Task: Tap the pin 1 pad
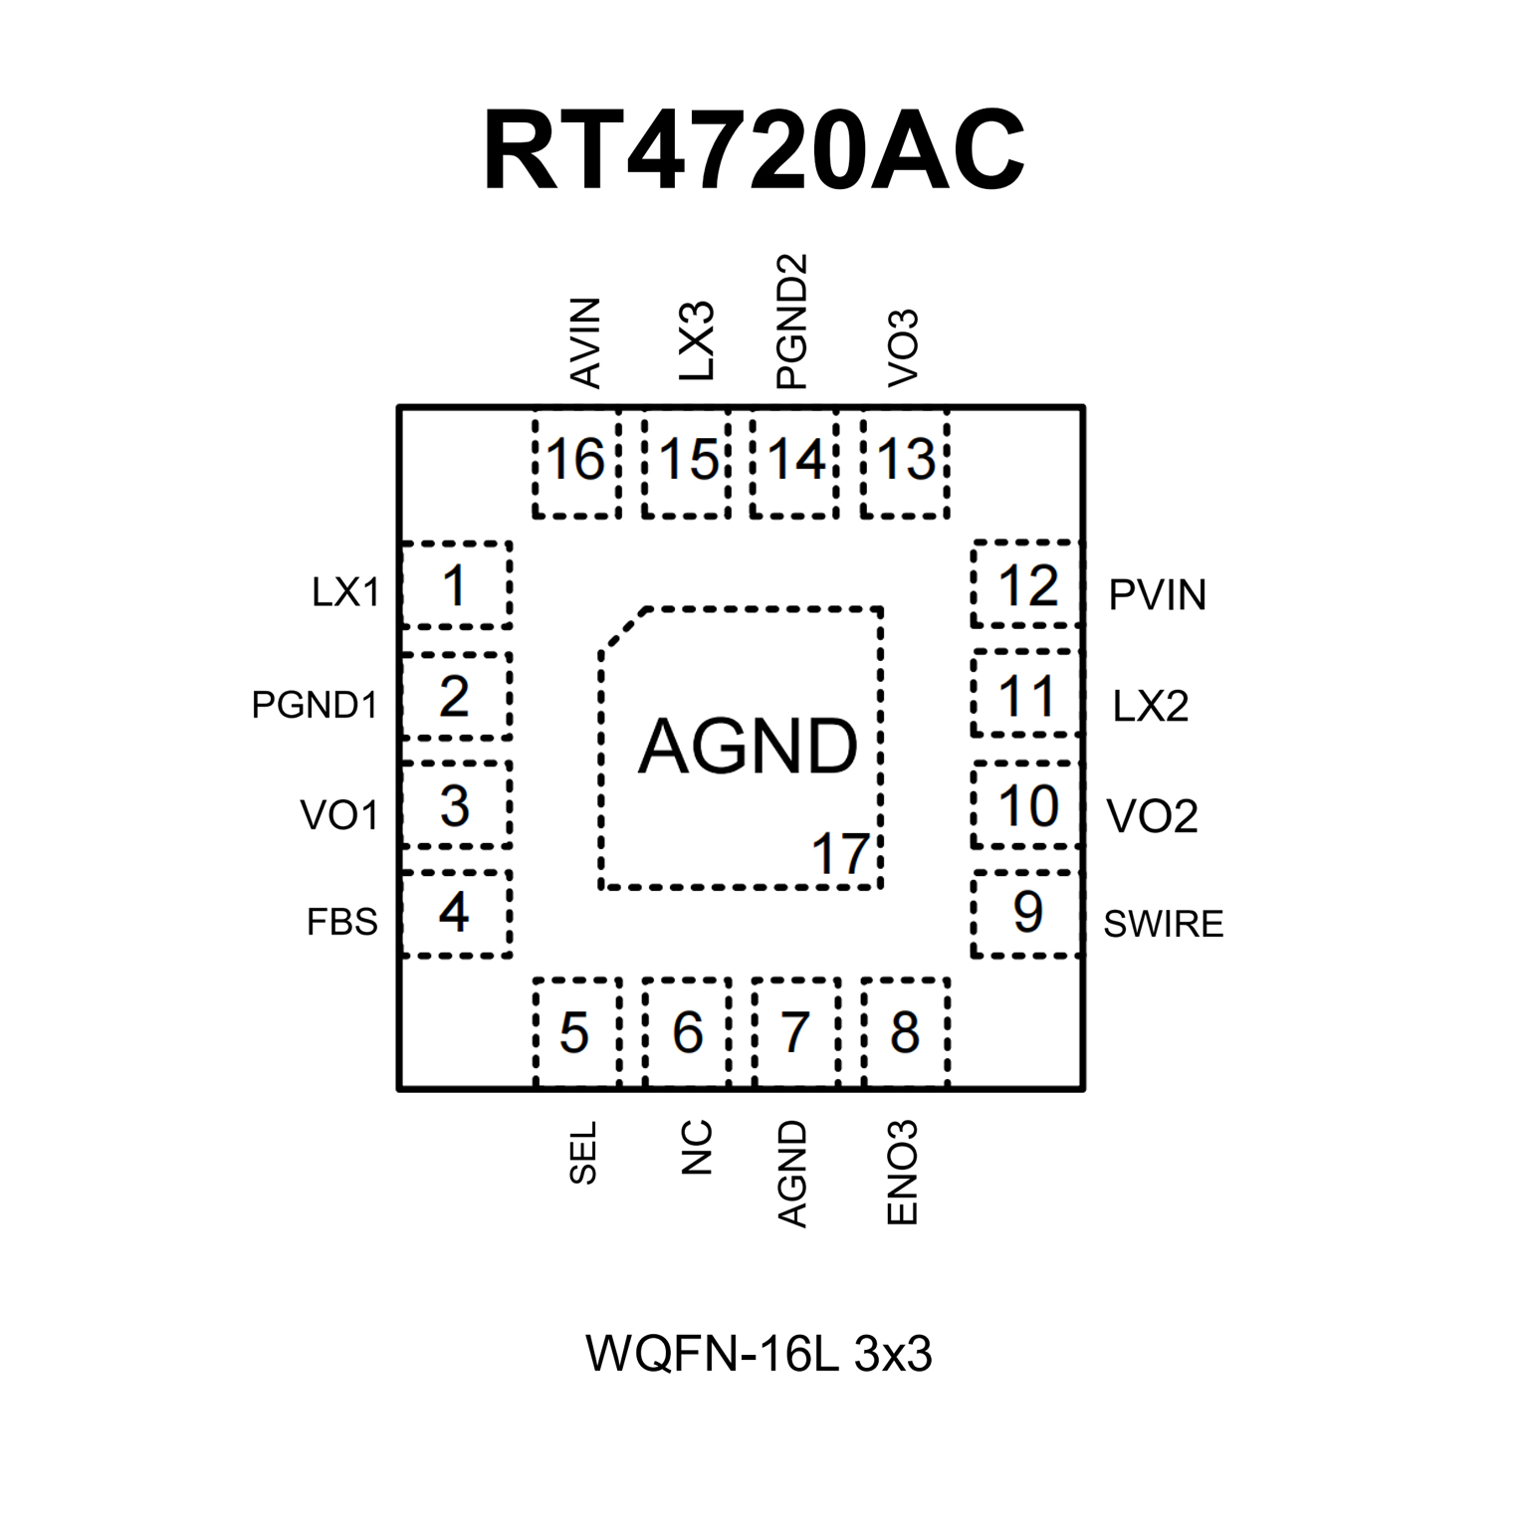tap(455, 585)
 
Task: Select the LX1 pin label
tap(345, 592)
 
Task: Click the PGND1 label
tap(315, 705)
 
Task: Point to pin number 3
tap(455, 805)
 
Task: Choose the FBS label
tap(341, 922)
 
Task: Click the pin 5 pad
tap(576, 1032)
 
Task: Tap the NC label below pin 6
tap(697, 1147)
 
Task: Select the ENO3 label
tap(901, 1172)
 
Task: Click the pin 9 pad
tap(1026, 913)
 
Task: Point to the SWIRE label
tap(1163, 924)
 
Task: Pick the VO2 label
tap(1152, 816)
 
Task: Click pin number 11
tap(1026, 696)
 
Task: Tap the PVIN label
tap(1157, 595)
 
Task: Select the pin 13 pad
tap(905, 462)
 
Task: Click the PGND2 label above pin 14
tap(791, 321)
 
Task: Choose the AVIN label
tap(585, 342)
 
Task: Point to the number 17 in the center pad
tap(840, 854)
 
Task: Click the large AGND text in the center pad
tap(748, 747)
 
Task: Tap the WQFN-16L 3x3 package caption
tap(759, 1354)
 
